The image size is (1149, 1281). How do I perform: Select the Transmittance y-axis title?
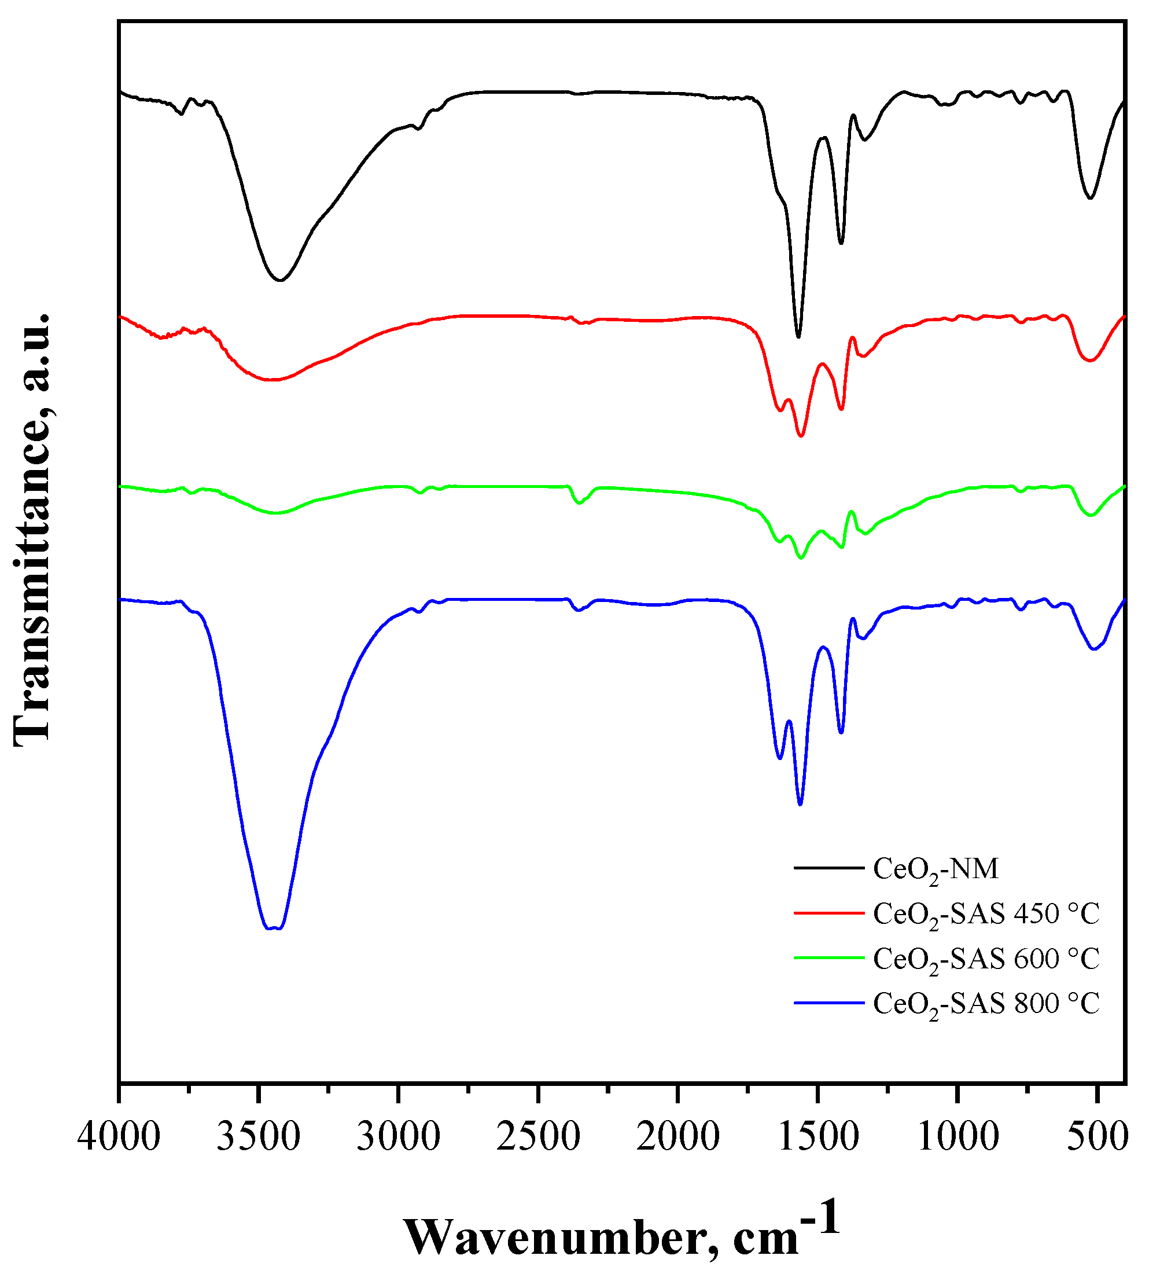point(32,531)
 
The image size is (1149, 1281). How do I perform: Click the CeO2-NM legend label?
point(936,870)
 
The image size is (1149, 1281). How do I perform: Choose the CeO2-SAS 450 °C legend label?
point(986,915)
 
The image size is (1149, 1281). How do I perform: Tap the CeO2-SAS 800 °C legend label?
point(986,1004)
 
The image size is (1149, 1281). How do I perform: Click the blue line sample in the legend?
point(828,1003)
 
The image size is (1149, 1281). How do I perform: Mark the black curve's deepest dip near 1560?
point(798,337)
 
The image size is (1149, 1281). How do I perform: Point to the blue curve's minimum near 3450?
point(272,928)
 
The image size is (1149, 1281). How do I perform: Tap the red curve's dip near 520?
point(1091,361)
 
